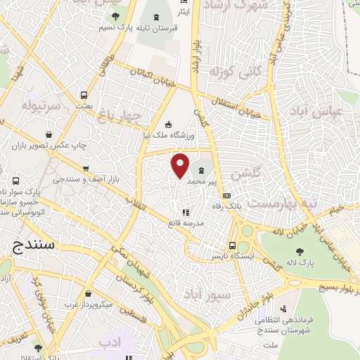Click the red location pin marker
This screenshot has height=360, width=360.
pos(181,165)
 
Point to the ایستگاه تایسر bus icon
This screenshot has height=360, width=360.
pos(232,245)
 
